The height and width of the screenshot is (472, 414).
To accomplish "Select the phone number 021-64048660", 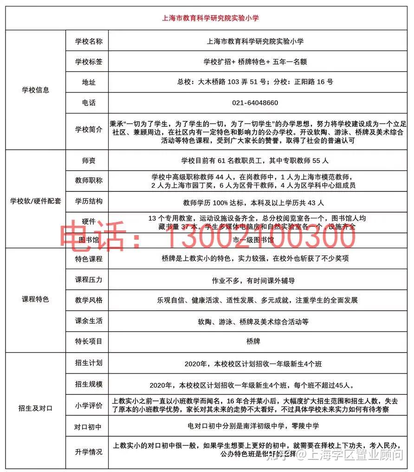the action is pyautogui.click(x=255, y=103).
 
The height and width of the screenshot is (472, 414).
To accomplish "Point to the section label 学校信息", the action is pyautogui.click(x=35, y=90).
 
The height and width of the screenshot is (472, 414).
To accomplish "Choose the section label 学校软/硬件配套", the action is pyautogui.click(x=35, y=202).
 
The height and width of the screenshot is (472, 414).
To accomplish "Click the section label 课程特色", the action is pyautogui.click(x=35, y=299).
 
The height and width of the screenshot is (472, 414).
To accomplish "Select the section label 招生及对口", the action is pyautogui.click(x=35, y=408).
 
